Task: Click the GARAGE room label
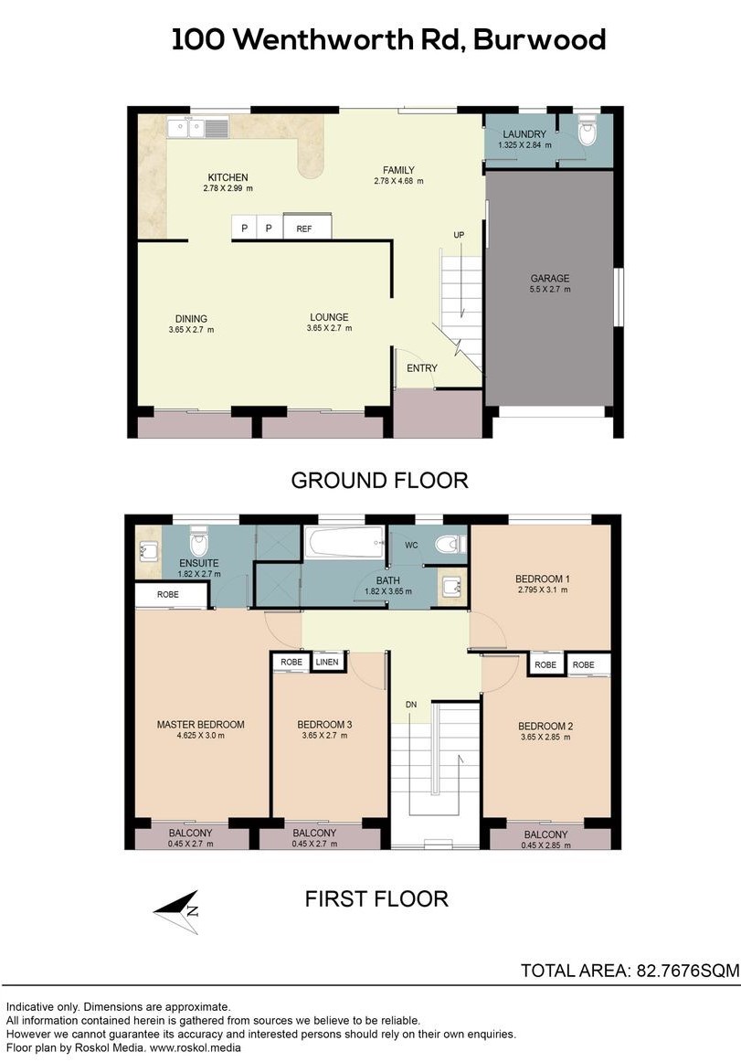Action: (549, 279)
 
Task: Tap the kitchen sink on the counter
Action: (198, 127)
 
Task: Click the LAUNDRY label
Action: (524, 134)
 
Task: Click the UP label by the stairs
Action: (460, 235)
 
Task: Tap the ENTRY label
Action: (422, 368)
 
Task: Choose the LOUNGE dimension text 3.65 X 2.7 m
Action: (329, 328)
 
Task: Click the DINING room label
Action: (191, 319)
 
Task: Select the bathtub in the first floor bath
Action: (344, 543)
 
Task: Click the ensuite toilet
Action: (199, 542)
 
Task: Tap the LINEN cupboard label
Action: (327, 663)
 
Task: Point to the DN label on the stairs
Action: (411, 705)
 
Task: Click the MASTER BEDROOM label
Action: (200, 725)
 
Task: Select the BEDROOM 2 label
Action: (546, 726)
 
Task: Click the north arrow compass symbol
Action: (177, 912)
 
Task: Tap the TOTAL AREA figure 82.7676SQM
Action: (687, 971)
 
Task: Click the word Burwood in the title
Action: (539, 40)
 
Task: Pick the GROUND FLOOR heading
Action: (379, 480)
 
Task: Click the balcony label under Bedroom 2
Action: (546, 835)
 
